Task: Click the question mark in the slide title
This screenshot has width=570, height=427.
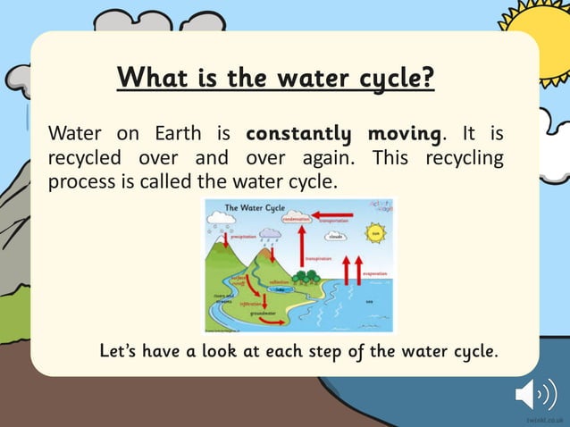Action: click(428, 78)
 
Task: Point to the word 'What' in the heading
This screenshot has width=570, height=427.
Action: click(148, 78)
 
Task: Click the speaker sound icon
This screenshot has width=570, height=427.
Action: click(536, 393)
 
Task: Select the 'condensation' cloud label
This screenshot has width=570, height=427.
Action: click(296, 219)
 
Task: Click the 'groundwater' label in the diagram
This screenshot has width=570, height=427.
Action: click(263, 313)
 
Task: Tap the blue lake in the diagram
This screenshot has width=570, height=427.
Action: click(280, 289)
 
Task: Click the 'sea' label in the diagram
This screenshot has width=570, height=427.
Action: click(369, 301)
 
